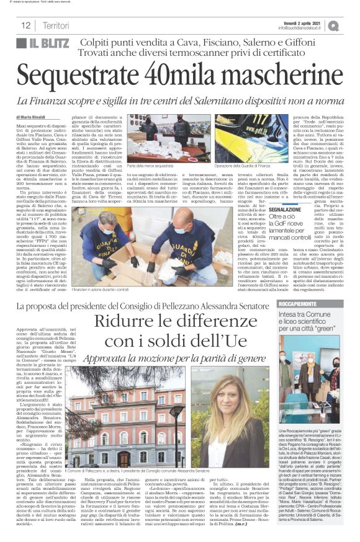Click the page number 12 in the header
point(26,25)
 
